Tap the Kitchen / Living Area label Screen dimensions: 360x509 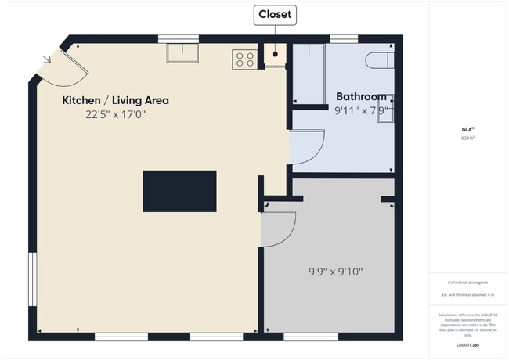pos(115,100)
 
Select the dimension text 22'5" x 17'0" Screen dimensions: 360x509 pos(116,114)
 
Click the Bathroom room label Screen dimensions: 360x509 pos(361,97)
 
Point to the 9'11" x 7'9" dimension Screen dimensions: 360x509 pos(361,110)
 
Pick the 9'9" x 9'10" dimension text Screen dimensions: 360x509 pos(335,272)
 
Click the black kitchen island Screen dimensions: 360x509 pos(179,191)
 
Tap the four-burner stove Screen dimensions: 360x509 pos(244,59)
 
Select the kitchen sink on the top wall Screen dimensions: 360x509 pos(182,52)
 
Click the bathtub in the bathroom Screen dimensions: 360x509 pos(309,74)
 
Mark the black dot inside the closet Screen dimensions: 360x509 pos(275,54)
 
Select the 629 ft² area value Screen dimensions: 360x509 pos(467,138)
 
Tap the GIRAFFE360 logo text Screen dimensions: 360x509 pos(467,344)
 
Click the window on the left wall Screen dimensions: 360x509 pos(31,279)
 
